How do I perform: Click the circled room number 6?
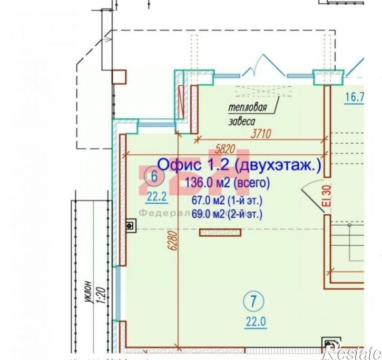click(x=153, y=176)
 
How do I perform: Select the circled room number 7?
click(x=254, y=302)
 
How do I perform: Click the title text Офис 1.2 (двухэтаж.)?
click(x=239, y=165)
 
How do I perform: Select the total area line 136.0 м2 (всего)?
click(x=228, y=184)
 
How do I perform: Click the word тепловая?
click(x=247, y=108)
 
